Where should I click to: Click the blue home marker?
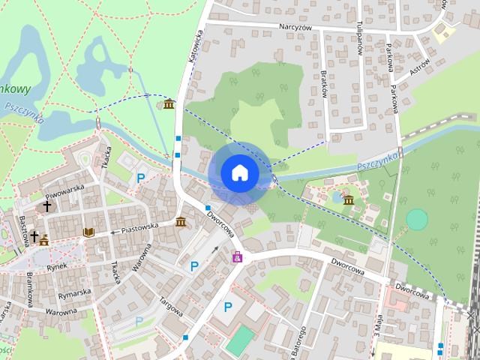pos(239,172)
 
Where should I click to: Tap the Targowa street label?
pos(172,303)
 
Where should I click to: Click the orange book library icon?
pos(88,232)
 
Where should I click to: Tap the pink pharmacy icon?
pos(238,257)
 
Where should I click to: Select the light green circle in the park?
pos(417,219)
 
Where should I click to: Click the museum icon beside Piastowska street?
pos(181,222)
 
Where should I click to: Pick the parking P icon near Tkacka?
pos(141,178)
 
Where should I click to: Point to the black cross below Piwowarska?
pos(46,205)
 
